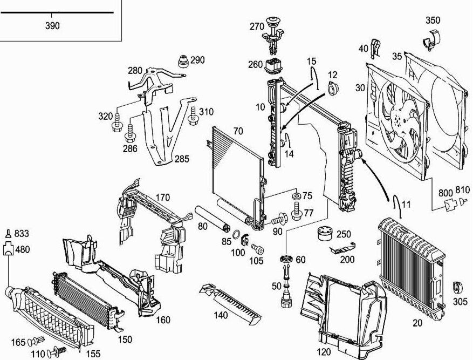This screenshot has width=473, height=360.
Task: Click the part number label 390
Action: click(52, 26)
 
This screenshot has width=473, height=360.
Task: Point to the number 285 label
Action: click(181, 159)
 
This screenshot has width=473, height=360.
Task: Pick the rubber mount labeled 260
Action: click(274, 67)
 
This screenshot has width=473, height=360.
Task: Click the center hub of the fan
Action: click(400, 118)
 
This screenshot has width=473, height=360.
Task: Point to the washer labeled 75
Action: click(296, 195)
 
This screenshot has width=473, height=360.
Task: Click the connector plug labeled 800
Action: click(448, 205)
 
